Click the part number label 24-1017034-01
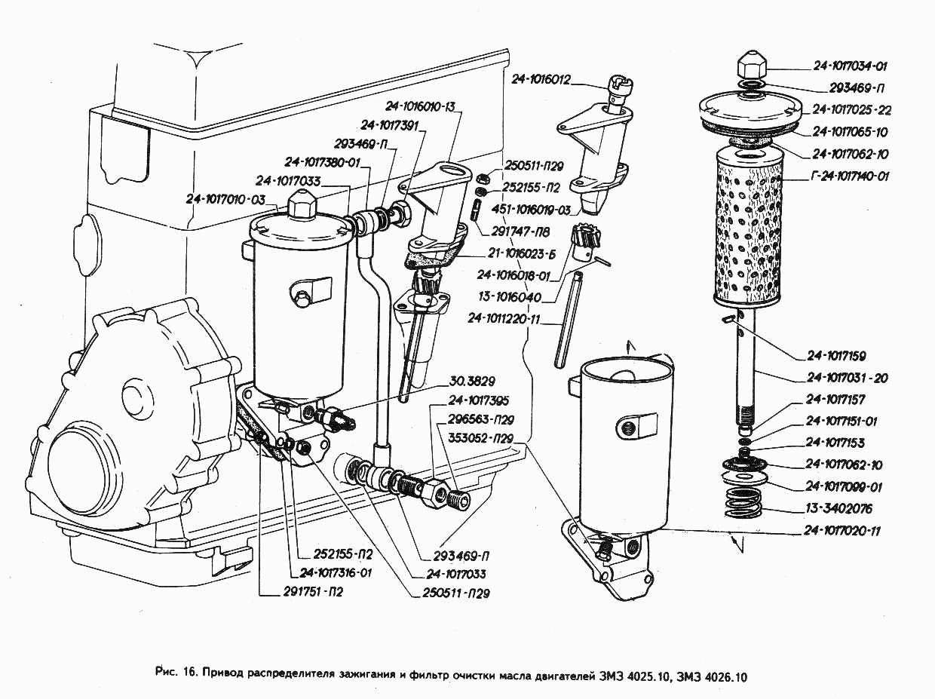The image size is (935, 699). [x=851, y=66]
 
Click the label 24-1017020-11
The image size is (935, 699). [x=841, y=531]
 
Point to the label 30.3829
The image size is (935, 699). [x=472, y=381]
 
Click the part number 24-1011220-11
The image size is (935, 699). [x=504, y=319]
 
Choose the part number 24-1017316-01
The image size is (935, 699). [x=336, y=572]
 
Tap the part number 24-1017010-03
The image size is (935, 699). [x=226, y=199]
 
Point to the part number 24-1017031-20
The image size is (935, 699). [x=847, y=378]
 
